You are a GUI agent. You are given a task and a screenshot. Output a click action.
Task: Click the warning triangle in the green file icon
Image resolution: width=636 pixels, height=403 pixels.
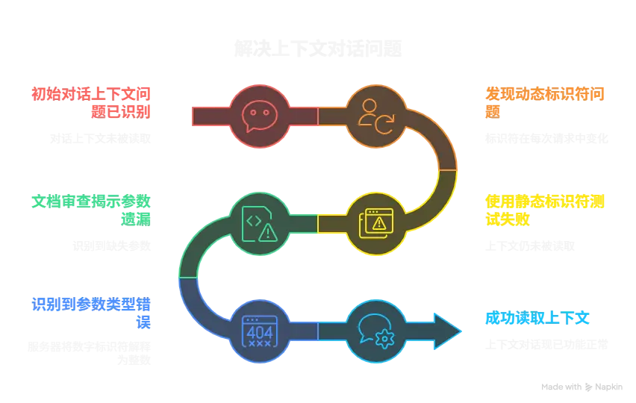click(x=267, y=232)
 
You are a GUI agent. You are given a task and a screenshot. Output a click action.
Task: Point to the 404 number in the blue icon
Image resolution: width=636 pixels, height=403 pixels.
click(x=259, y=332)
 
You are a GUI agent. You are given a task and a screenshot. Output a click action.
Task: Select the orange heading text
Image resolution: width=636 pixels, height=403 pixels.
click(x=546, y=103)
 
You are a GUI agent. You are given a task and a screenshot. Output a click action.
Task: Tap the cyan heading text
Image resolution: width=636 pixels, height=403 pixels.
click(x=537, y=319)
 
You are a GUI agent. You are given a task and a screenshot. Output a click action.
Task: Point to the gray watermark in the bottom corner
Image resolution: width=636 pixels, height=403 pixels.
click(x=582, y=388)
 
